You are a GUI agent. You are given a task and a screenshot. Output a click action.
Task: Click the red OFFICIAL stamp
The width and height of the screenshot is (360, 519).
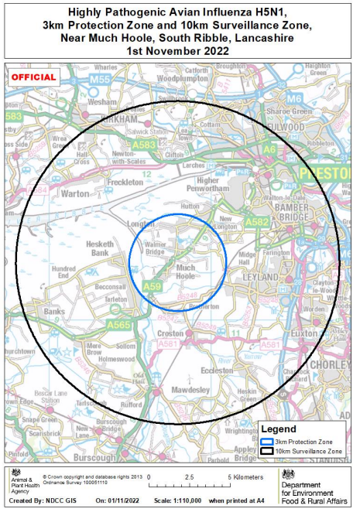(x=34, y=77)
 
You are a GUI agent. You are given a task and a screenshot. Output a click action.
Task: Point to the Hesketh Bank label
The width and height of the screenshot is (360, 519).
(x=100, y=248)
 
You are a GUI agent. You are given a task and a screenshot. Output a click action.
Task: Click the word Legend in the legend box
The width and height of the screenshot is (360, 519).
(x=278, y=429)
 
